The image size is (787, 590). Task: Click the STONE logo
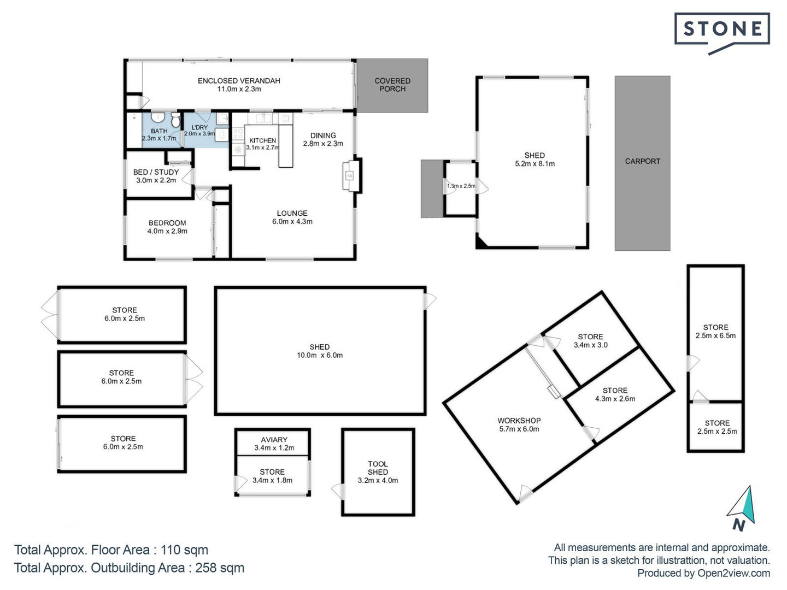pos(722,33)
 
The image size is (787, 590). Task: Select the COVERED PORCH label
pos(392,85)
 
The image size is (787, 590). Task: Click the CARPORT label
pos(643,161)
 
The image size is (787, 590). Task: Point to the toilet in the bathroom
pos(175,120)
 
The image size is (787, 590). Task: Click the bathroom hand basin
pos(157,117)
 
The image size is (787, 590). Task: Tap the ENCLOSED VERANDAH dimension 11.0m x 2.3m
pos(239,89)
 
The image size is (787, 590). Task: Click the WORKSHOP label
pos(519,421)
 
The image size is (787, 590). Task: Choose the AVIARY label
pos(274,440)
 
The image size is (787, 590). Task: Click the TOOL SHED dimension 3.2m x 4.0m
pos(378,480)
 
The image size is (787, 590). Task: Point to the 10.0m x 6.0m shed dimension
pos(320,355)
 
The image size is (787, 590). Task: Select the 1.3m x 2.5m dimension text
pos(461,186)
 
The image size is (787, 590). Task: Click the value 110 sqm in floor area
pos(184,550)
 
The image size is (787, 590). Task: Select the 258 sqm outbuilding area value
pos(219,568)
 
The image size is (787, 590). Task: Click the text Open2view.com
pos(733,573)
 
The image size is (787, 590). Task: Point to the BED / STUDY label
pos(156,172)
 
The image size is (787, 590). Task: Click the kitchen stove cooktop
pos(238,134)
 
